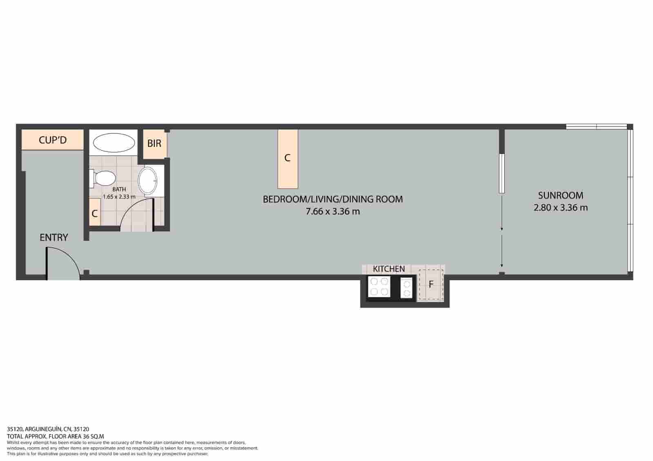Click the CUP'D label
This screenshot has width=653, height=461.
[53, 140]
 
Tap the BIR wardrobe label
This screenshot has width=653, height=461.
[154, 144]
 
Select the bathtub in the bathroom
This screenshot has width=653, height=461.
[114, 143]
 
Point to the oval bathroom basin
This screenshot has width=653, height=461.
[147, 181]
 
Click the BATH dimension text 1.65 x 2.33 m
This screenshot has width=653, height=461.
[119, 196]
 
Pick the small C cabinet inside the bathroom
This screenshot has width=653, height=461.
[95, 213]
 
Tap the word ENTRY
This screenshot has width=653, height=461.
[54, 237]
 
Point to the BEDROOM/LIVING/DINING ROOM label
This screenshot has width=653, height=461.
[333, 199]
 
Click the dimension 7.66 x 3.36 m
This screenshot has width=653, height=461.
[333, 212]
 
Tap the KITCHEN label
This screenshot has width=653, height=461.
[389, 269]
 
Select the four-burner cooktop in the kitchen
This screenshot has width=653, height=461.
[379, 286]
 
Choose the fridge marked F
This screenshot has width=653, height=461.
[431, 284]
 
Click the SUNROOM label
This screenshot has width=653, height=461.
[560, 195]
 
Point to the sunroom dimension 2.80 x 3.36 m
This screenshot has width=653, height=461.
[560, 208]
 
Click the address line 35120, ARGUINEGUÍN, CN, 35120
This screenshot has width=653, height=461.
[48, 429]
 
